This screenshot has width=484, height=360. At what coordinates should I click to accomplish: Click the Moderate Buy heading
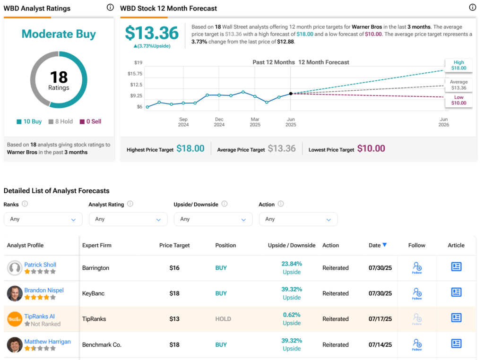pyautogui.click(x=59, y=34)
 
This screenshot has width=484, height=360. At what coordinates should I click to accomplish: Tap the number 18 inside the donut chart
pyautogui.click(x=59, y=77)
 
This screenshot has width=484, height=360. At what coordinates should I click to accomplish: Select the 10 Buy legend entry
pyautogui.click(x=29, y=121)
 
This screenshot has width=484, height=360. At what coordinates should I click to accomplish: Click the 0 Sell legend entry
pyautogui.click(x=90, y=121)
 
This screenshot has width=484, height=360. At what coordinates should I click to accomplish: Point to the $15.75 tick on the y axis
pyautogui.click(x=135, y=73)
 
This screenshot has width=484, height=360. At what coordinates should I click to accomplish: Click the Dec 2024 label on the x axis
pyautogui.click(x=219, y=122)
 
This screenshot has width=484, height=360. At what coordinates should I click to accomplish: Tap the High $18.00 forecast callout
pyautogui.click(x=458, y=65)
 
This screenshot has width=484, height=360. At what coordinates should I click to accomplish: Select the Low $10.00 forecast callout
pyautogui.click(x=458, y=100)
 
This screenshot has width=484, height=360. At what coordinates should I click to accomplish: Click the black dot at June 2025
pyautogui.click(x=291, y=94)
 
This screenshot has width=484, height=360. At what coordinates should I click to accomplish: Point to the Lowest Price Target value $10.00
pyautogui.click(x=371, y=148)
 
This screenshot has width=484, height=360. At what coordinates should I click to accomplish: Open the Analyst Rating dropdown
pyautogui.click(x=128, y=219)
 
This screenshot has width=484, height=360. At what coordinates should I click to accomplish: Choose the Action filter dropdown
pyautogui.click(x=298, y=219)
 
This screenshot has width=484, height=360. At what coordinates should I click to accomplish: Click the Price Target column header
pyautogui.click(x=174, y=245)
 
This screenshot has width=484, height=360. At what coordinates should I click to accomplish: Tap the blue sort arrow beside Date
pyautogui.click(x=385, y=245)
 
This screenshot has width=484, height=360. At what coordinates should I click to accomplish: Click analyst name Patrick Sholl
pyautogui.click(x=40, y=265)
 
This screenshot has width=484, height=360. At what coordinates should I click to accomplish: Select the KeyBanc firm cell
pyautogui.click(x=93, y=293)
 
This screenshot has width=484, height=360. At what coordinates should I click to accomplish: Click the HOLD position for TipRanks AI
pyautogui.click(x=223, y=319)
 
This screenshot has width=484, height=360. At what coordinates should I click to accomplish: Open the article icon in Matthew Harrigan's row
pyautogui.click(x=456, y=343)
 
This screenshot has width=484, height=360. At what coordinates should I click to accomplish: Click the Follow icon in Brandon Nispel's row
pyautogui.click(x=417, y=293)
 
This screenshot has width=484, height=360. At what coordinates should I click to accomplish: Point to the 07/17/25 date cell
pyautogui.click(x=380, y=319)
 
